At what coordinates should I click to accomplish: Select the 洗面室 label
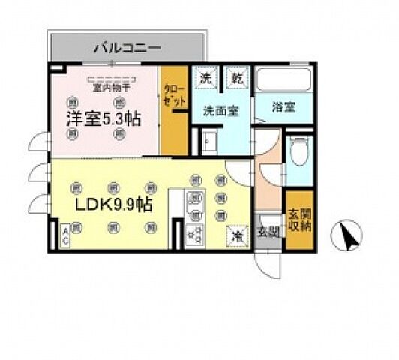click(x=220, y=109)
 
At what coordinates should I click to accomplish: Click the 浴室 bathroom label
click(x=283, y=106)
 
